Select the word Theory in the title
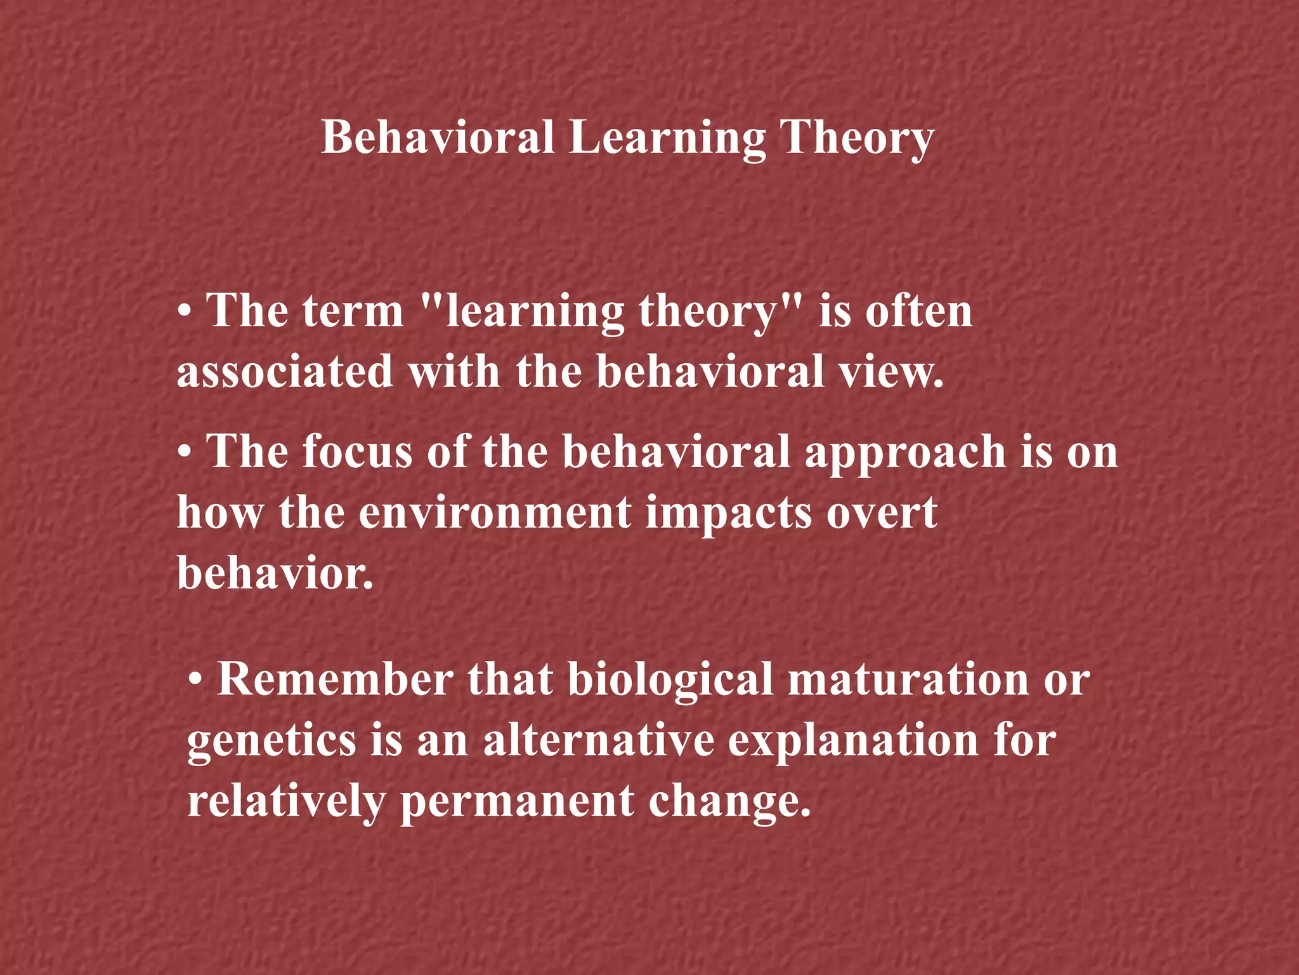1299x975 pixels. point(856,138)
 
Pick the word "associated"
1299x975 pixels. point(285,371)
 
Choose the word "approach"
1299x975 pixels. point(905,453)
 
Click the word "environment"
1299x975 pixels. point(495,512)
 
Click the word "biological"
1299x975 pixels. point(670,680)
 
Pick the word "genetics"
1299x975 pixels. point(271,741)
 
